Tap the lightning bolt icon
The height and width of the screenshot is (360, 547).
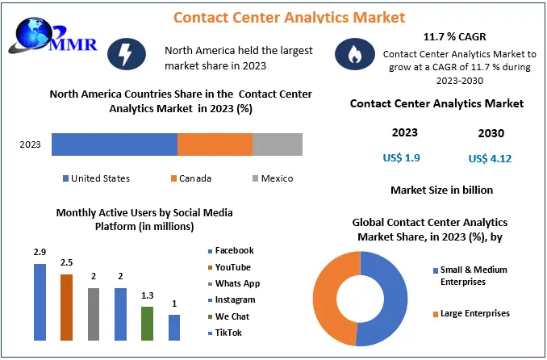click(x=130, y=55)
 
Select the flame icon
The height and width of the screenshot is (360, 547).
click(x=355, y=55)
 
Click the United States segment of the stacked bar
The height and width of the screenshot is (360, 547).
click(x=114, y=144)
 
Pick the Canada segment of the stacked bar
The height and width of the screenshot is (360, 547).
click(x=215, y=144)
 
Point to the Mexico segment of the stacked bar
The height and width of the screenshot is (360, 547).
click(x=278, y=144)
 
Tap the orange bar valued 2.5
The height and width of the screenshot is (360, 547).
click(x=66, y=307)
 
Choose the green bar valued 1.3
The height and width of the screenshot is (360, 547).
click(x=147, y=323)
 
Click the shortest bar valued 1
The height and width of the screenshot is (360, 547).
click(x=174, y=327)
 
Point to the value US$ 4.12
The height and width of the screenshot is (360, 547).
click(x=490, y=158)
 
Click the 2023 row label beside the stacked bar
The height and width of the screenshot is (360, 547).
click(x=30, y=144)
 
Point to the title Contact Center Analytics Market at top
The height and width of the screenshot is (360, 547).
click(x=278, y=16)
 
